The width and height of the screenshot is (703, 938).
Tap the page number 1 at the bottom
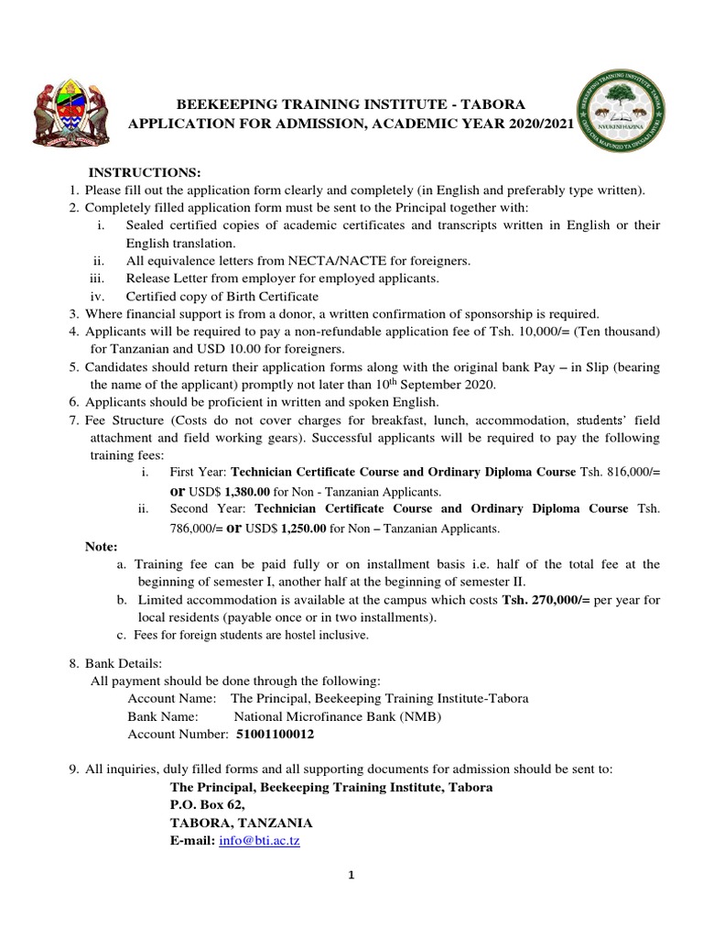[351, 875]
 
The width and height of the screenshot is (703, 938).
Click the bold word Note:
[102, 547]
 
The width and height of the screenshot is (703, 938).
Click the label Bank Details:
[124, 663]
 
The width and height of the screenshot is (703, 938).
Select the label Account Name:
[171, 699]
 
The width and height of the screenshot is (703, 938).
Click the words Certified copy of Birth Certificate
[222, 296]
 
